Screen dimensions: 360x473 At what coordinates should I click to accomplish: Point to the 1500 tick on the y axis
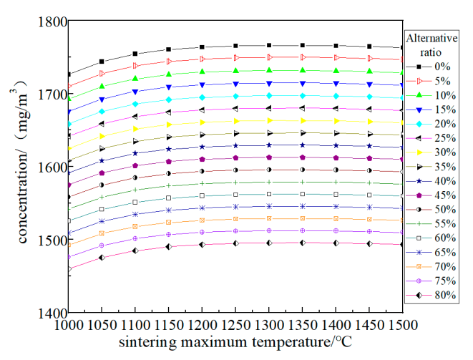69,240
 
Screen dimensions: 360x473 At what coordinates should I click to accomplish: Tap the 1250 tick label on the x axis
235,326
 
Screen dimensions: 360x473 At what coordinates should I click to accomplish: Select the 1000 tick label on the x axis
69,326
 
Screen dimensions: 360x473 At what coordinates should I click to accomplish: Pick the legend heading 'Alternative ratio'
429,44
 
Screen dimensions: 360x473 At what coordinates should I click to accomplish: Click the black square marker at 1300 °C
269,46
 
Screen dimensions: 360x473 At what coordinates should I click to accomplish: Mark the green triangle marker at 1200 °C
202,72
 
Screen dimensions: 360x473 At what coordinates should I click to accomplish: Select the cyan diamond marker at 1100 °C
135,104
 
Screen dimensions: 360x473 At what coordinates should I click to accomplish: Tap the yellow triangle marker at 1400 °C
336,121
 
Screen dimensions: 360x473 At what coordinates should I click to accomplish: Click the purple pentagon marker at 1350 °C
303,157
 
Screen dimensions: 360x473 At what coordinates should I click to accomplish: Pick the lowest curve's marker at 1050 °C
102,257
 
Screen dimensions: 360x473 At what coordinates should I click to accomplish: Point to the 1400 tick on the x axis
336,313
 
